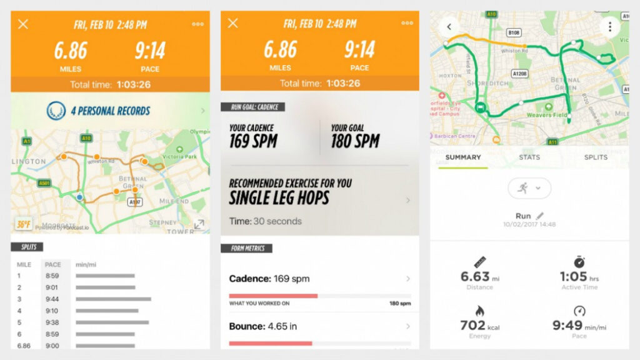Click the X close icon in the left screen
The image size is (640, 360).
[23, 24]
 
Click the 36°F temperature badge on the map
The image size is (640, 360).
[23, 224]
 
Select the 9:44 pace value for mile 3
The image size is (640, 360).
[52, 299]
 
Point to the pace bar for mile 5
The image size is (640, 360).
[112, 322]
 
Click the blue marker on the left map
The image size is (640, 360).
[79, 197]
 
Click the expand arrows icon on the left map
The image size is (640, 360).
[199, 224]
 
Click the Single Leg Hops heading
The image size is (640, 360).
[279, 198]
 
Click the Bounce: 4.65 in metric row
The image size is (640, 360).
[319, 326]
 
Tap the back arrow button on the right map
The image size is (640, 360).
[448, 27]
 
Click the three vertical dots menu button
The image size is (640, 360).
[609, 27]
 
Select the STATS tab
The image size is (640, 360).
[529, 157]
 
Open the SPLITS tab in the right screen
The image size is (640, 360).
[595, 157]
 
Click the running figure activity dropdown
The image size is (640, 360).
[529, 187]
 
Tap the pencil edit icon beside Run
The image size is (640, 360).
[540, 216]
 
